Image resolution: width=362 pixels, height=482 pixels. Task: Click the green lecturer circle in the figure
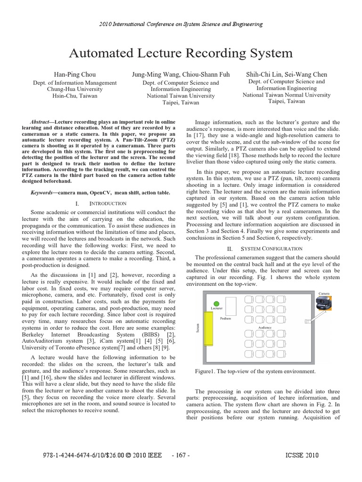(216, 304)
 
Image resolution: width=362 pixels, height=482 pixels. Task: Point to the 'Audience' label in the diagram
(264, 327)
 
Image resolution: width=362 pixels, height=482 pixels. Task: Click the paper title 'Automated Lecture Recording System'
(181, 53)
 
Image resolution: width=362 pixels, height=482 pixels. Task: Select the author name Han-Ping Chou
(75, 74)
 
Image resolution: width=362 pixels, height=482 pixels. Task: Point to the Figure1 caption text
(255, 371)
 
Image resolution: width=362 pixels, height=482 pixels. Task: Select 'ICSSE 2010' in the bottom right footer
(302, 455)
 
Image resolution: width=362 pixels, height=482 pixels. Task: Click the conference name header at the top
(181, 24)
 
